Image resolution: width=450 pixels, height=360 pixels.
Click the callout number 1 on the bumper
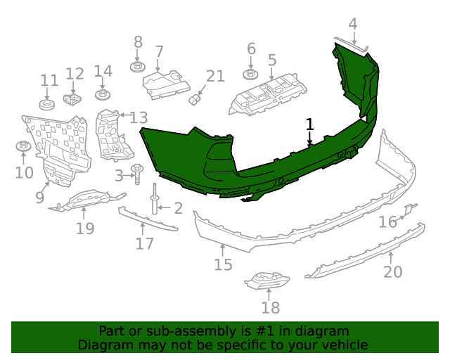pos(309,124)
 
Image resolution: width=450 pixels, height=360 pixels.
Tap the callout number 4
pos(353,24)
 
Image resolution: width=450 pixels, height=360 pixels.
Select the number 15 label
pos(223,264)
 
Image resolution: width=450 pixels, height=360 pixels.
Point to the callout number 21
pos(215,76)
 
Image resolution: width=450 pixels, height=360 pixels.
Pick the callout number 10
pos(24,172)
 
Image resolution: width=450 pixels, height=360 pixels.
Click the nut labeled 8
pos(138,67)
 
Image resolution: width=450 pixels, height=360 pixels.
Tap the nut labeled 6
pos(251,73)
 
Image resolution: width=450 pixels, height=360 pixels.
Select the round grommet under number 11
pos(48,105)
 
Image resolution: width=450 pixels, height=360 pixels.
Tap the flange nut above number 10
pos(23,147)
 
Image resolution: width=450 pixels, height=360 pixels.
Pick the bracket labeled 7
pos(166,83)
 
